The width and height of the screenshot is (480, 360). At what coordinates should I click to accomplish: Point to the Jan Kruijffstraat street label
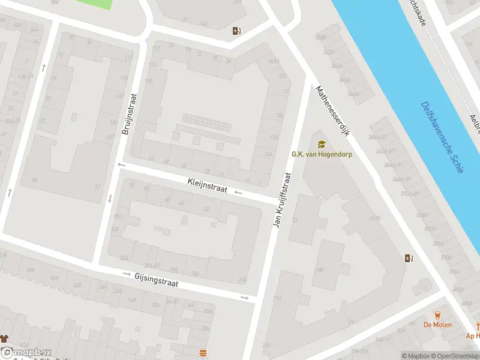point(282,200)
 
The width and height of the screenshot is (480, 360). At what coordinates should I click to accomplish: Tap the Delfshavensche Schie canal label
point(442,137)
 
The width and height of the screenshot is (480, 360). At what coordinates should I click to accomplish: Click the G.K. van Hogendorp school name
point(322,154)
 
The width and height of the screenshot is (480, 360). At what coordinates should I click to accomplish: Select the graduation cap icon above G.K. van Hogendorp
point(322,144)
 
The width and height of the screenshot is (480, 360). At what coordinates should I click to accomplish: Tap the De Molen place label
point(437,325)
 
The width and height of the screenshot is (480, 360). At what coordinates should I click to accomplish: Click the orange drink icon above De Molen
point(437,314)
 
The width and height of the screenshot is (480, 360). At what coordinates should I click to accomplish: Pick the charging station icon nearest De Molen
point(409,259)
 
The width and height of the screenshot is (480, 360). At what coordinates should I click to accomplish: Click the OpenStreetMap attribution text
point(454,356)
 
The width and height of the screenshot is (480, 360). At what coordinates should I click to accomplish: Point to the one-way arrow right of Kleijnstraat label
point(238,193)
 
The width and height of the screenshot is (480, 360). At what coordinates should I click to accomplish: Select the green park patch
point(93,4)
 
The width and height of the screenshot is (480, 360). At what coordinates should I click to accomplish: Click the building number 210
point(277,298)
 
